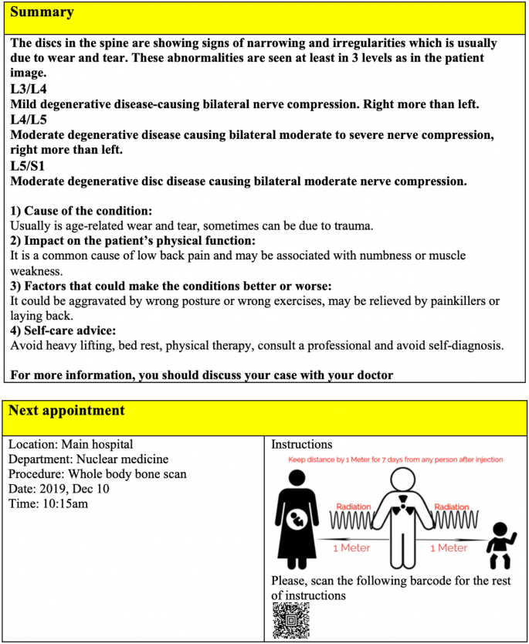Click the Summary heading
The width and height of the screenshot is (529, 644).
click(42, 12)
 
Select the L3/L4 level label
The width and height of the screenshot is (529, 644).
click(28, 89)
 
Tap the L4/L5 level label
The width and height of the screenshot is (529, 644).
click(28, 120)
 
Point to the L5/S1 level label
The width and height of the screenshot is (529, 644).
click(28, 166)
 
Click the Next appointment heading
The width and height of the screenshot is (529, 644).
click(66, 409)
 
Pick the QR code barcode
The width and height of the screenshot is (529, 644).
click(290, 621)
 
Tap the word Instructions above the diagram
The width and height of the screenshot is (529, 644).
click(301, 445)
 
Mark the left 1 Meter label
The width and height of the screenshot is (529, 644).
click(351, 547)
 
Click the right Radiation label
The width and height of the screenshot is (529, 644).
click(452, 507)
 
